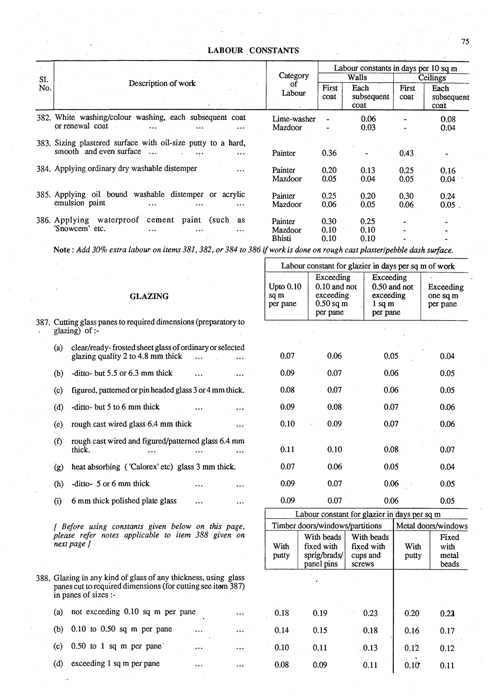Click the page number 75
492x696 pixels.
[x=465, y=42]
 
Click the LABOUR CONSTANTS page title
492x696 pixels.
[x=253, y=50]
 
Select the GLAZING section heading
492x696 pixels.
[x=149, y=296]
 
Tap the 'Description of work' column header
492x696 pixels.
[x=162, y=83]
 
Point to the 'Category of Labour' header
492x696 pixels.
[x=293, y=84]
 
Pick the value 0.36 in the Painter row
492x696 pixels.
[x=329, y=153]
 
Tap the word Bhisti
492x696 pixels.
[x=281, y=238]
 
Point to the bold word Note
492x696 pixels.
[x=61, y=250]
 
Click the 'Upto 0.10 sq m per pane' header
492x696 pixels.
[x=285, y=295]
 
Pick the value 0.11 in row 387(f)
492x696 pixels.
[x=287, y=449]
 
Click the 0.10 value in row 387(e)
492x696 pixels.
[x=287, y=424]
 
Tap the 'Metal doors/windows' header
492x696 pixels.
[x=431, y=526]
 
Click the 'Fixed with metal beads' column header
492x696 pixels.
[x=449, y=550]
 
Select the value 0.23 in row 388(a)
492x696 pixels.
[x=370, y=613]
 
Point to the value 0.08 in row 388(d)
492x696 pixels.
[x=281, y=665]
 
